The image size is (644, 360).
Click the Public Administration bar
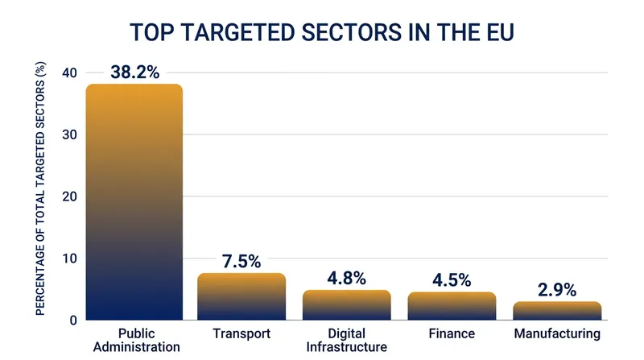point(134,202)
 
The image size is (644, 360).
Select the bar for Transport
point(242,296)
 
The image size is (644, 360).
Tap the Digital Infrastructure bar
point(347,305)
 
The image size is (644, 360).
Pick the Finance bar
point(452,306)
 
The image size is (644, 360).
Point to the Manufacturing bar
point(557,311)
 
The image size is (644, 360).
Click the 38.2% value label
point(134,72)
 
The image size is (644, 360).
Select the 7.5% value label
point(242,262)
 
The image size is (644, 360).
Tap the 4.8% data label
point(347,278)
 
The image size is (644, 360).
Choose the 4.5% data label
point(452,280)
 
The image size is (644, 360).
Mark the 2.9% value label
point(557,290)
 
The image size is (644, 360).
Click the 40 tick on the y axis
point(69,72)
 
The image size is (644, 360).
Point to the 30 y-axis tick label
point(69,134)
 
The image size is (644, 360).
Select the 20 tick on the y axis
point(69,197)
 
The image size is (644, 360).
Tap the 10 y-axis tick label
point(69,259)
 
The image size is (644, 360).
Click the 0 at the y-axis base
point(73,321)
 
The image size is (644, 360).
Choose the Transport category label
point(242,333)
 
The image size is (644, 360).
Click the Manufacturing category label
point(557,333)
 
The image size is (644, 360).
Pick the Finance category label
point(452,333)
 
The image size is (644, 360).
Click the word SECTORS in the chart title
point(351,32)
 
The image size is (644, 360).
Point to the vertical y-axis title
point(40,188)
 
